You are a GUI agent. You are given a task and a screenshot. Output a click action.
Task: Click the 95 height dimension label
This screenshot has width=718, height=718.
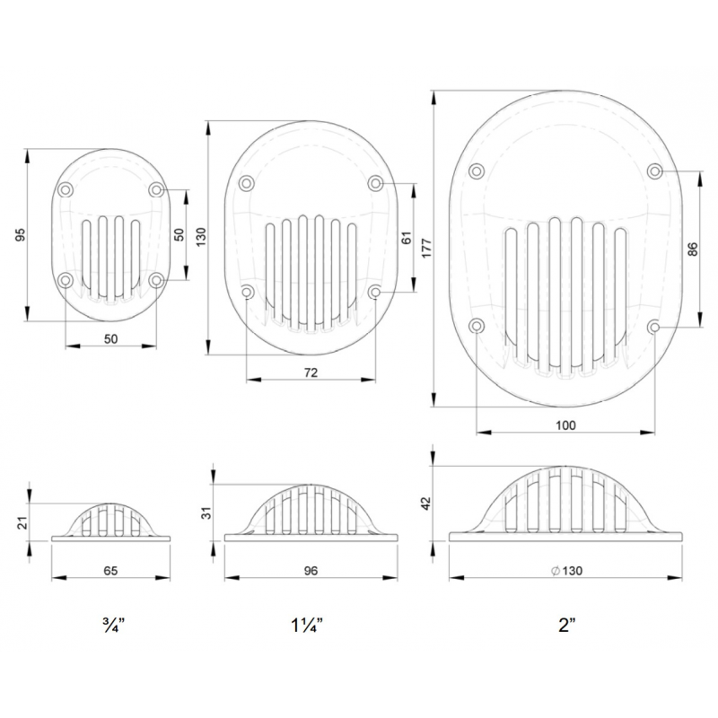(x=20, y=235)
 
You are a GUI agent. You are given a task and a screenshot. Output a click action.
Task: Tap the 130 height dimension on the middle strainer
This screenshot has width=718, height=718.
(x=201, y=237)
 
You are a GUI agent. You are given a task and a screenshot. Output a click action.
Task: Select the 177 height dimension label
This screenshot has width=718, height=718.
(x=425, y=248)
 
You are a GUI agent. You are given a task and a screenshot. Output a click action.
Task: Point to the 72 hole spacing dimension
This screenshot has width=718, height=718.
(x=311, y=372)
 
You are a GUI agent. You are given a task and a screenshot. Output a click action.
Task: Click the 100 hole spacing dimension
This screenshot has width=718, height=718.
(x=565, y=425)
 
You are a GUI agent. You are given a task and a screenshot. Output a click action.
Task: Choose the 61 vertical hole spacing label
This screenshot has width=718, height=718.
(x=407, y=238)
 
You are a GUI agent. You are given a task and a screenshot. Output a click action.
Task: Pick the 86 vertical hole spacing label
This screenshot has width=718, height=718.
(x=693, y=250)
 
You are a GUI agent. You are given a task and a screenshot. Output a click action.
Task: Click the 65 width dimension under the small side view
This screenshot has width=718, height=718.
(x=110, y=571)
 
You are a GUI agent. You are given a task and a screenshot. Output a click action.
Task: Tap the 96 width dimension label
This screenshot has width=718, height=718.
(x=311, y=571)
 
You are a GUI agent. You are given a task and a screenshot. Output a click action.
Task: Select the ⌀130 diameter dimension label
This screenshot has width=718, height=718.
(x=566, y=571)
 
